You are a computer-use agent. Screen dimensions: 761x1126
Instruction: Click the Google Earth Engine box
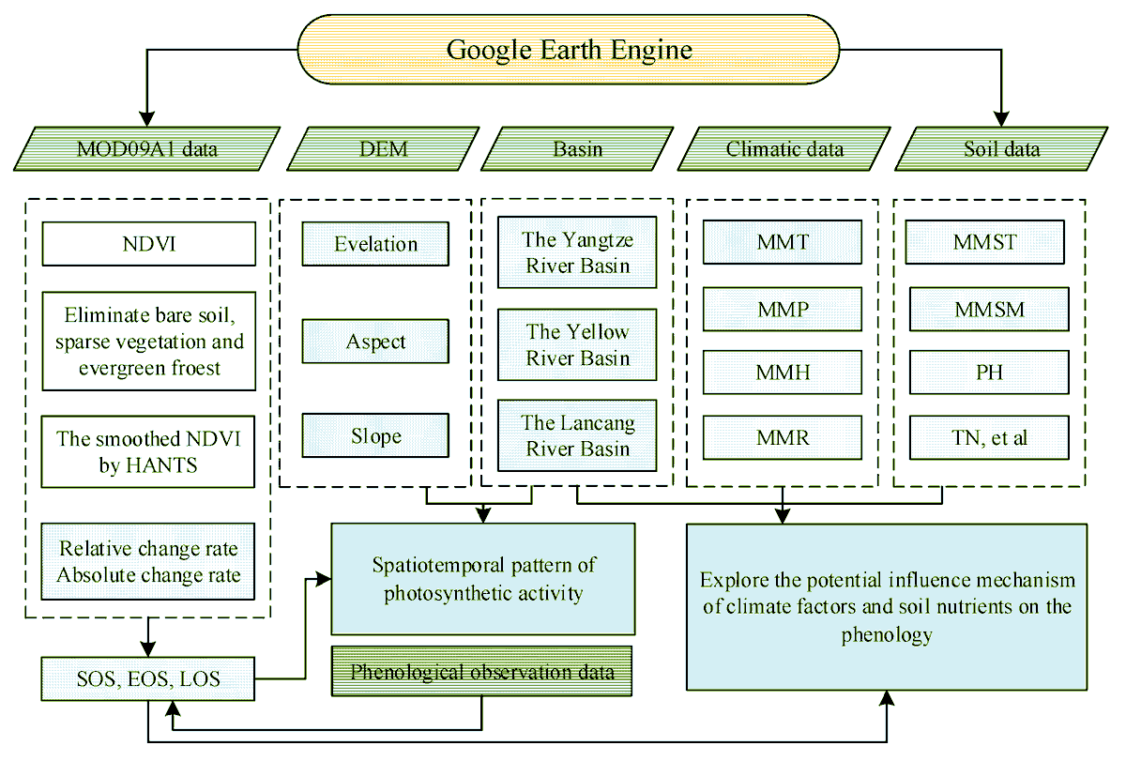tap(569, 49)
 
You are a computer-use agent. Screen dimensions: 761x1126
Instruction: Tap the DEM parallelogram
tap(384, 148)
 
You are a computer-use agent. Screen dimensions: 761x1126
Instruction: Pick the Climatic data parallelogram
tap(784, 148)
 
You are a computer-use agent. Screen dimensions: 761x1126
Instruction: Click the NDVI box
tap(148, 244)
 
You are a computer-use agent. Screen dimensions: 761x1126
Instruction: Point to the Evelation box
tap(375, 244)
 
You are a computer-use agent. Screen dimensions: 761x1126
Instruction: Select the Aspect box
tap(375, 342)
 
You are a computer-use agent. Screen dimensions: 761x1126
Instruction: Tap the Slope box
tap(375, 436)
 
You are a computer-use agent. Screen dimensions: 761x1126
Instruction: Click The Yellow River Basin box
tap(577, 344)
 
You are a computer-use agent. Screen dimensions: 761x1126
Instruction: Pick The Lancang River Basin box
tap(577, 435)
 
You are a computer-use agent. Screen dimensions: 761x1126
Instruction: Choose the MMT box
tap(783, 242)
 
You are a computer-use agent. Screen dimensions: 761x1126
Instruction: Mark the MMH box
tap(783, 373)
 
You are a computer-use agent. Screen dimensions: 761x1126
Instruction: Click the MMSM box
tap(989, 308)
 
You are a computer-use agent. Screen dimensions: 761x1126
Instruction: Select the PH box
tap(989, 373)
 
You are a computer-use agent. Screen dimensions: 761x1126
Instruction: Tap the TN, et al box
tap(989, 437)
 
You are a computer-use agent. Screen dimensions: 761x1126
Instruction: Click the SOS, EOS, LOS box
tap(148, 678)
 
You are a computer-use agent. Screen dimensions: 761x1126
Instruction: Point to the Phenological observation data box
tap(482, 672)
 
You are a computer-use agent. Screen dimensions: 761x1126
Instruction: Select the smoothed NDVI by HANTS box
tap(148, 453)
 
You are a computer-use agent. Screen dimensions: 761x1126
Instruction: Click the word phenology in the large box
tap(887, 634)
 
